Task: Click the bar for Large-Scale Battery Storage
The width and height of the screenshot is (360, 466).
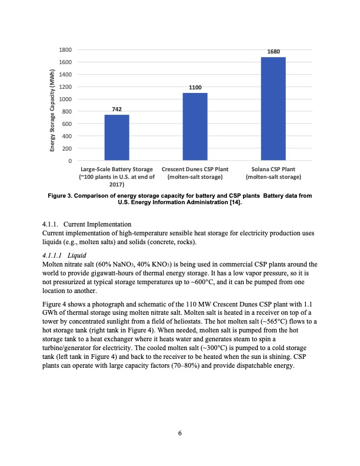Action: [116, 137]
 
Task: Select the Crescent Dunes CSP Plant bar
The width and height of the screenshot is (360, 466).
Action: [195, 126]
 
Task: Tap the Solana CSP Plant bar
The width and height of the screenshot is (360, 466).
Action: [274, 108]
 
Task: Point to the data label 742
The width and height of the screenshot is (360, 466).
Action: [116, 109]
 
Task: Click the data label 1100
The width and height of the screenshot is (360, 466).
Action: [195, 87]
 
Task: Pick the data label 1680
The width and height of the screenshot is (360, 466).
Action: [274, 52]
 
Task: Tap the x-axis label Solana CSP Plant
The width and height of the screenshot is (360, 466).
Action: [274, 169]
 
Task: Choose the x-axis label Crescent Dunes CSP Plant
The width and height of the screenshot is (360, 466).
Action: [195, 169]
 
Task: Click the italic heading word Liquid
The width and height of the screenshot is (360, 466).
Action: [78, 255]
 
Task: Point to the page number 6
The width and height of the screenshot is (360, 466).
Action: [180, 434]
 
